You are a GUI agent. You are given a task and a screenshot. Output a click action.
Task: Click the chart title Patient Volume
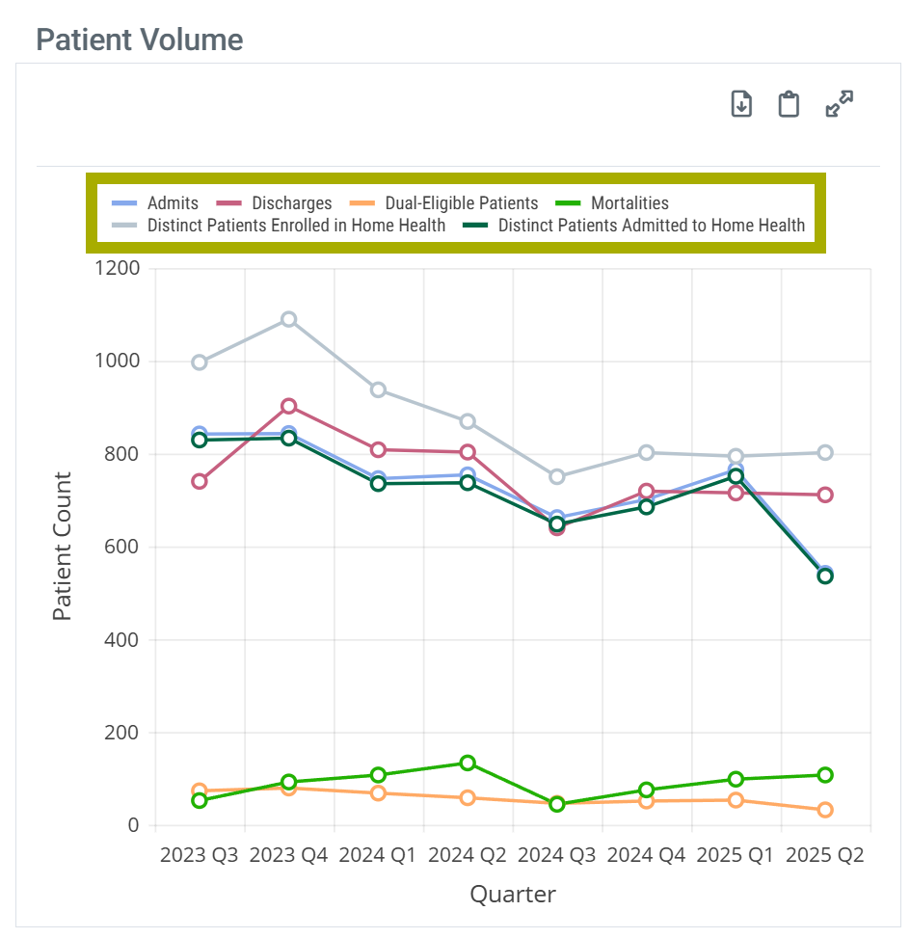tap(139, 40)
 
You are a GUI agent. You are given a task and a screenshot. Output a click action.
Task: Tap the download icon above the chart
tap(740, 104)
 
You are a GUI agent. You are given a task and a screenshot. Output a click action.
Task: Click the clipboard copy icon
tap(789, 104)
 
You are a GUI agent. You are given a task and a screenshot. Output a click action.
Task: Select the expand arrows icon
tap(840, 104)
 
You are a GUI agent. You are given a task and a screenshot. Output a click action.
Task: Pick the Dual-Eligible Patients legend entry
tap(450, 203)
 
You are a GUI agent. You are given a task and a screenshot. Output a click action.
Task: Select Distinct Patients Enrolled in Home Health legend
tap(284, 226)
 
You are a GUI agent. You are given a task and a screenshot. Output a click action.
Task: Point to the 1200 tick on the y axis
tap(118, 268)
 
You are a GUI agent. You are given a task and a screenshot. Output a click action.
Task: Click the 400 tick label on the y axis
tap(122, 640)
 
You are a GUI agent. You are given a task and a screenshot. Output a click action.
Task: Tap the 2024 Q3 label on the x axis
tap(556, 856)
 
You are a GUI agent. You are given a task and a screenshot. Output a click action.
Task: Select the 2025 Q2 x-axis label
tap(824, 856)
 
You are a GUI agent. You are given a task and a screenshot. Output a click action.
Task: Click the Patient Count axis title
tap(63, 546)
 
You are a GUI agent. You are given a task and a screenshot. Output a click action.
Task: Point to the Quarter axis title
tap(513, 895)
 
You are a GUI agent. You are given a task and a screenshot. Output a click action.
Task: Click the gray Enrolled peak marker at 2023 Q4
tap(288, 319)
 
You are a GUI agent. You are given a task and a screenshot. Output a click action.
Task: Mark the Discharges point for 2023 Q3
tap(200, 481)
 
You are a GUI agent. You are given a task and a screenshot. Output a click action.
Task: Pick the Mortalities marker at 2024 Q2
tap(468, 763)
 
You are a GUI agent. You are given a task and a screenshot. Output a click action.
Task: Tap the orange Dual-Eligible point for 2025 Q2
tap(825, 810)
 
